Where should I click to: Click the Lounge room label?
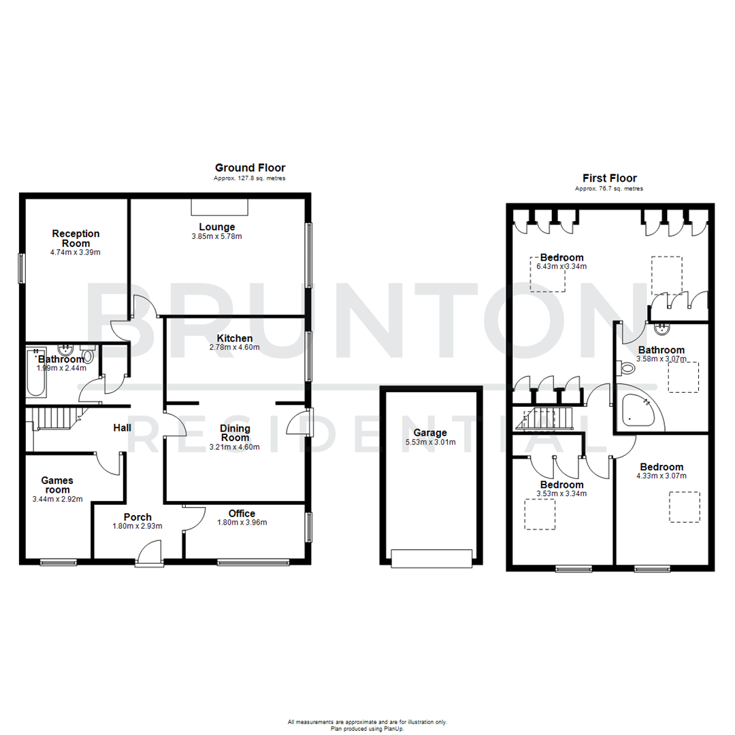coord(216,227)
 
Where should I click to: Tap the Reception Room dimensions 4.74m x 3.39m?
coord(76,252)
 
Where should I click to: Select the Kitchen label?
coord(235,338)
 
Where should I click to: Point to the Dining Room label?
coord(235,433)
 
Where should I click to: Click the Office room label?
coord(242,514)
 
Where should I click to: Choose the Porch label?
coord(137,517)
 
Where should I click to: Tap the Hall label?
coord(122,427)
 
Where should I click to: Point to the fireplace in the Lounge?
coord(219,206)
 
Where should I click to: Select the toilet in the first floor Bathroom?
coord(627,368)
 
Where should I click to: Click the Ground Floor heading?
coord(250,167)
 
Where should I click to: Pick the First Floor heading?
coord(609,178)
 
